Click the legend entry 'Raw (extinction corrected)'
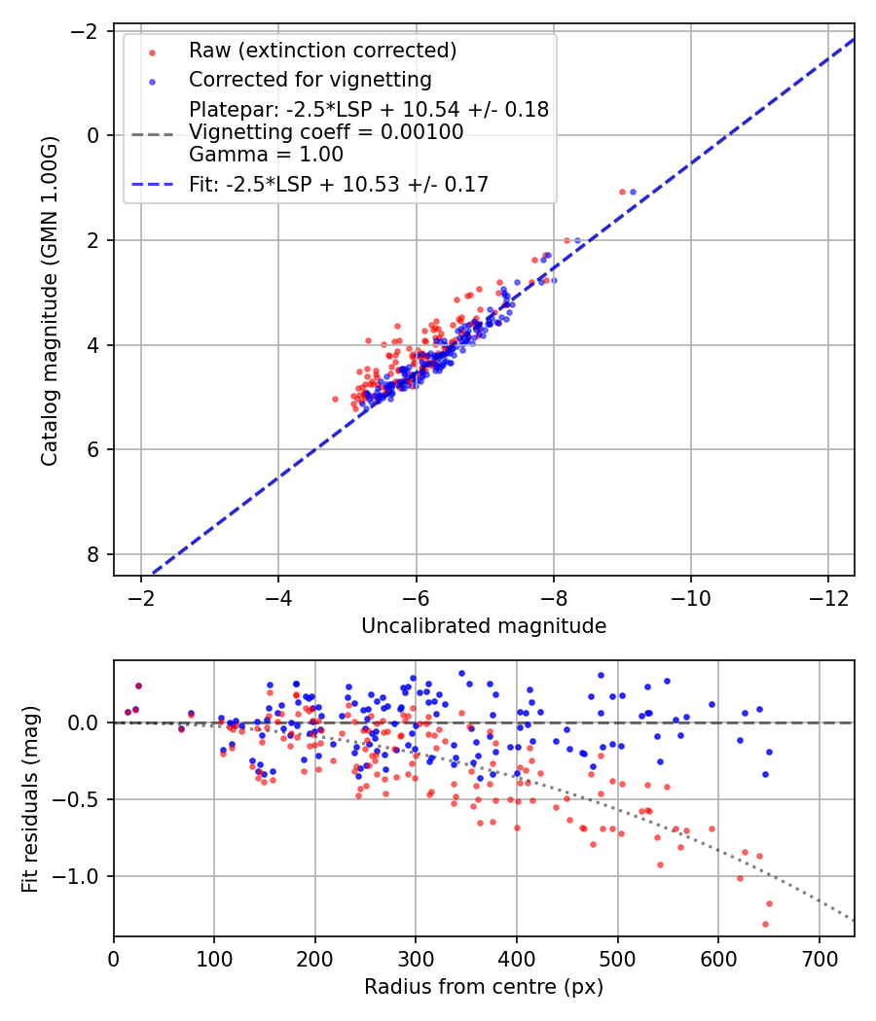click(x=322, y=51)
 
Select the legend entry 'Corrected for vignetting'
click(x=310, y=79)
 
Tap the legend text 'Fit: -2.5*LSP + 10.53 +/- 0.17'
click(x=338, y=184)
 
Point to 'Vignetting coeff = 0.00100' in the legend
click(x=325, y=132)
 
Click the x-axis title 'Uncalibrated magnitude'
click(x=484, y=626)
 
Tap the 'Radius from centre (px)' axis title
click(x=484, y=987)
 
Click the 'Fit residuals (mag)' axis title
click(x=29, y=798)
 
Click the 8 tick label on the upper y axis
click(x=93, y=554)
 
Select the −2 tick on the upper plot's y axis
click(x=89, y=30)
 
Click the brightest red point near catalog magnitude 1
click(x=622, y=192)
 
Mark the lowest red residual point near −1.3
click(x=765, y=924)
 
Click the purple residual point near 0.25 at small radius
click(x=138, y=686)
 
